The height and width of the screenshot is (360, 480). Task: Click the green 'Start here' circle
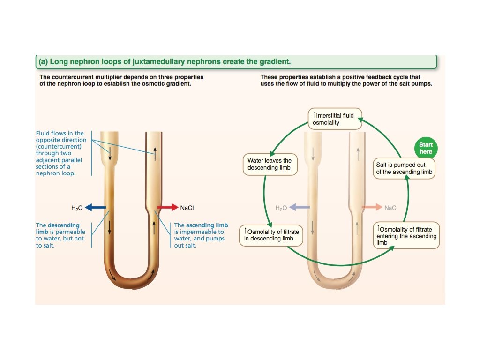click(426, 148)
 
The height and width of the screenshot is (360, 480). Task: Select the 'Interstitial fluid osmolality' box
click(334, 119)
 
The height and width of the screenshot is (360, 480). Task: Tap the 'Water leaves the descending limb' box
click(270, 165)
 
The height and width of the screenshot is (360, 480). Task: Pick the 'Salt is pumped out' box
click(405, 168)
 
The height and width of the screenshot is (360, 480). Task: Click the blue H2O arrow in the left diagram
click(95, 207)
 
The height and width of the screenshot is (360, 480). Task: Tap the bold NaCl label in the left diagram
click(187, 207)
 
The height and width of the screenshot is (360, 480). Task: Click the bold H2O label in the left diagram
click(76, 207)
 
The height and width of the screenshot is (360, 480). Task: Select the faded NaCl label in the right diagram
click(391, 208)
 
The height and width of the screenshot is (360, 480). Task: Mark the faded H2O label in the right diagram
click(281, 208)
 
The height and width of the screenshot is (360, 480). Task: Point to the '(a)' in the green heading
click(43, 61)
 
